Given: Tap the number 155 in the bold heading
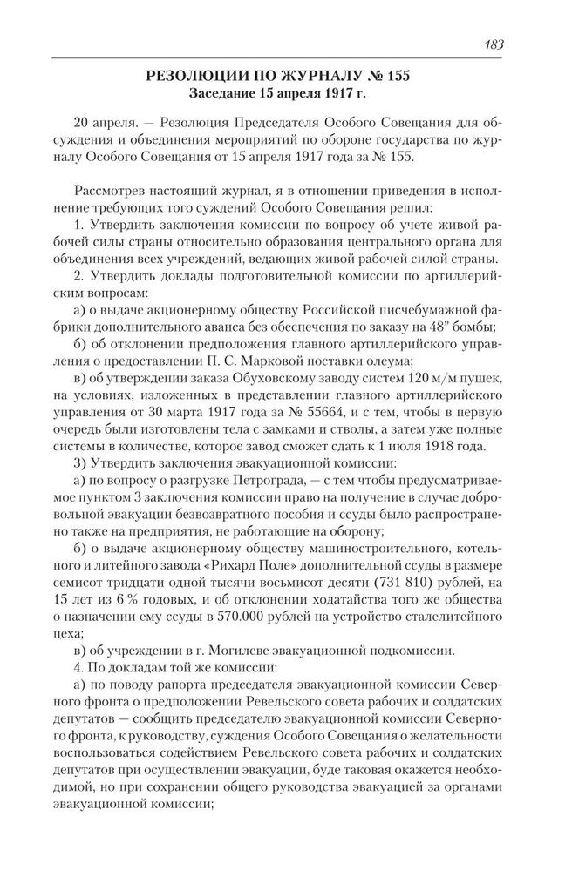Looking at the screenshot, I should pyautogui.click(x=396, y=78).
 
